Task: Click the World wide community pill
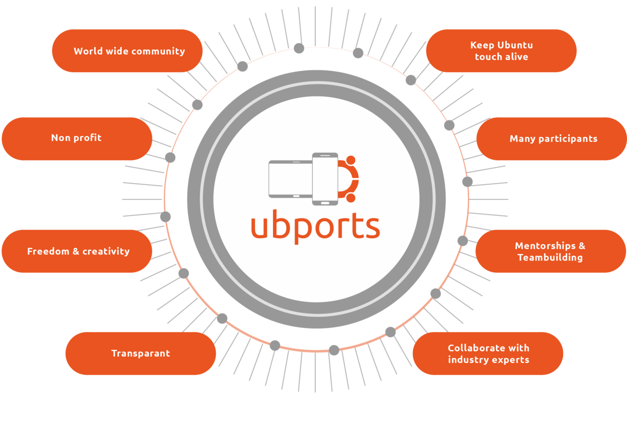pos(127,51)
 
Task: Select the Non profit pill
pos(77,139)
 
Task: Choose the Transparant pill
pos(141,354)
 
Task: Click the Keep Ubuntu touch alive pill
pos(501,51)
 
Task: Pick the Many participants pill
pos(553,139)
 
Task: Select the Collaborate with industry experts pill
pos(488,354)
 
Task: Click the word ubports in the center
pos(315,226)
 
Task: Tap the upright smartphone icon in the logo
pos(325,179)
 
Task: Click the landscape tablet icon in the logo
pos(290,179)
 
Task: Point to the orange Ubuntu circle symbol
pos(349,179)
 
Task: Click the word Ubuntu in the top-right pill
pos(515,45)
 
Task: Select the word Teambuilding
pos(550,258)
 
